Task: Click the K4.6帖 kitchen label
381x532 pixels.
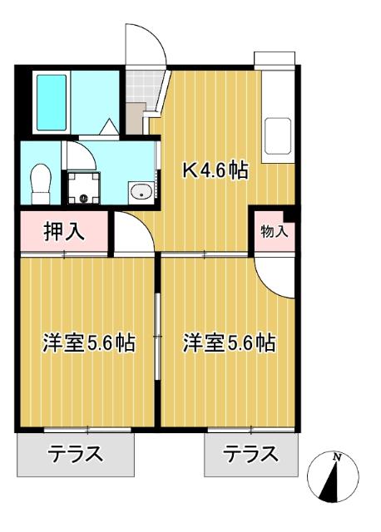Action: point(215,172)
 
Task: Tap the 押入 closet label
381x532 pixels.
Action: point(63,232)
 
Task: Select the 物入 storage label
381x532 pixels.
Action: point(274,232)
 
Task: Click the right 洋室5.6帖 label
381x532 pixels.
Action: point(230,342)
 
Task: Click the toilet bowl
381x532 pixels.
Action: point(38,182)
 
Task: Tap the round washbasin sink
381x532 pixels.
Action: point(139,192)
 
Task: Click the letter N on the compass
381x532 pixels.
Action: point(336,457)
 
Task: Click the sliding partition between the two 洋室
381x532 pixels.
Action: point(158,332)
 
